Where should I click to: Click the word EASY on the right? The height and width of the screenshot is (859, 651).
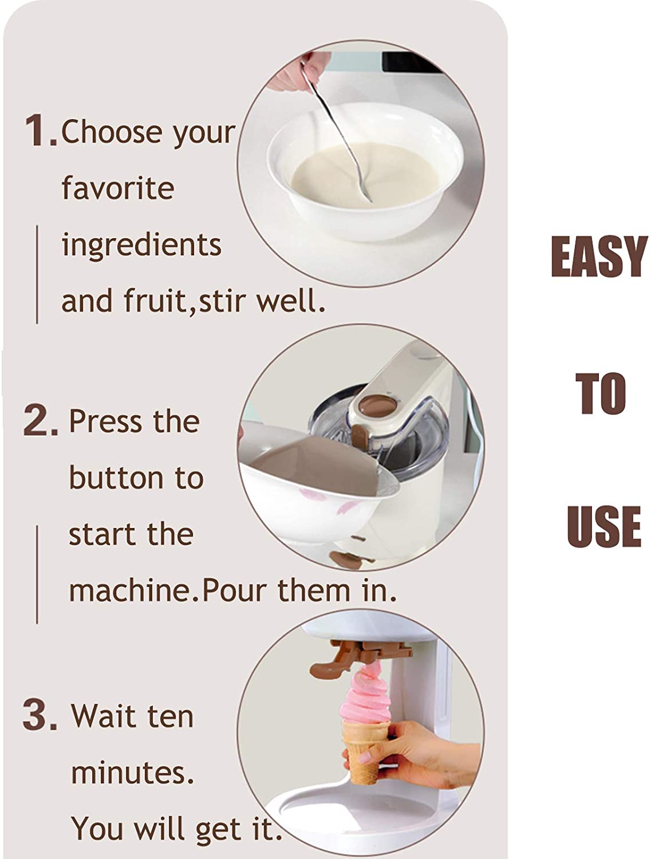click(x=598, y=257)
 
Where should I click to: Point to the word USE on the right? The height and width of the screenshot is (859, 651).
click(x=603, y=526)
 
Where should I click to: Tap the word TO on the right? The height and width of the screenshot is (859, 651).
click(x=601, y=393)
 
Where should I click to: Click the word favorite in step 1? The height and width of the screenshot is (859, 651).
click(x=117, y=188)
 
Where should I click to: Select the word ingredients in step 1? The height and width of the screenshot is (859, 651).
click(x=141, y=245)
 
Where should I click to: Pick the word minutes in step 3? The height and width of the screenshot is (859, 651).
click(x=132, y=773)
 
